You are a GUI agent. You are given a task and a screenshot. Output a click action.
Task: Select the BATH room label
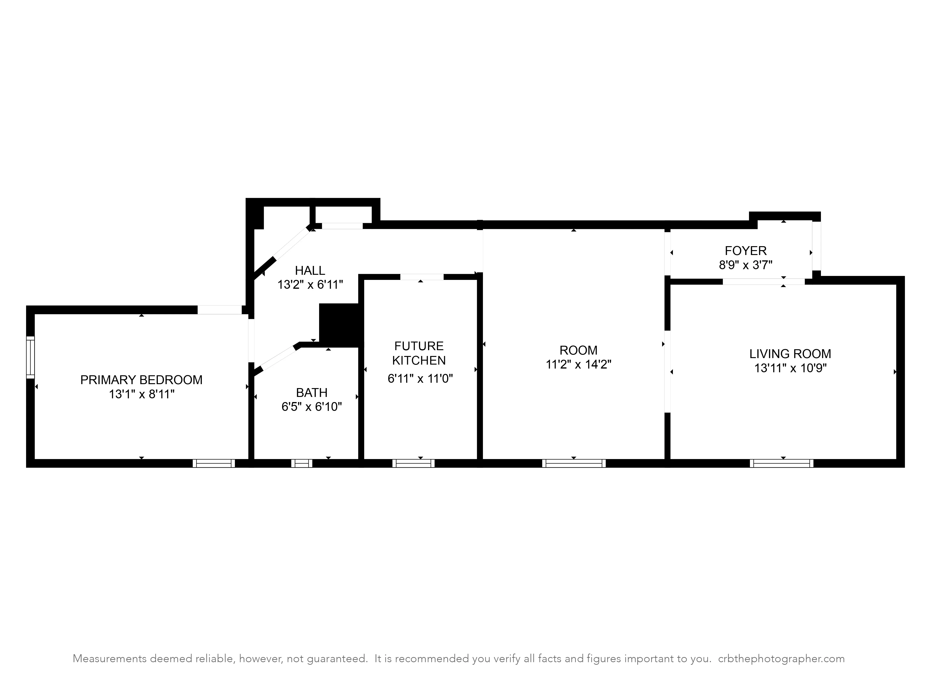coord(311,393)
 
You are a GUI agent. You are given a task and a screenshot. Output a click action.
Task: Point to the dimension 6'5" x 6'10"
coord(311,407)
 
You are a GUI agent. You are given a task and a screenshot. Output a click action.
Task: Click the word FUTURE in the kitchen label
coord(419,346)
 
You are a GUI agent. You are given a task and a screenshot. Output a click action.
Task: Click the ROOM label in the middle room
coord(578,350)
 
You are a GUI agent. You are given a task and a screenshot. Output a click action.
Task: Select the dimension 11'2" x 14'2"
coord(578,364)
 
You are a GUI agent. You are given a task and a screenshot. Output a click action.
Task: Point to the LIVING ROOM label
coord(790,354)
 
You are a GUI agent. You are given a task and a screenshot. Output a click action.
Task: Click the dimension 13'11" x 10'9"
coord(790,368)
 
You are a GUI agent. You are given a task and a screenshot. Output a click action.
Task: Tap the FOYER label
coord(745,251)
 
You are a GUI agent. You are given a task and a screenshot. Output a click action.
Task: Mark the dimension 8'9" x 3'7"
coord(745,265)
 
